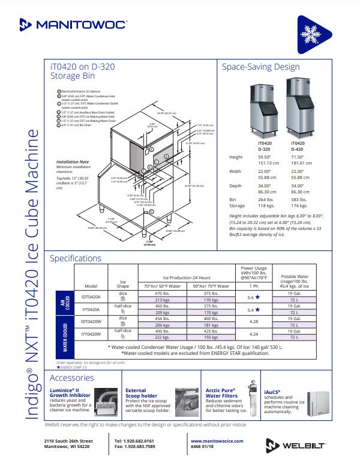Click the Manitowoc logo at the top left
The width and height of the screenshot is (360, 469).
(74, 24)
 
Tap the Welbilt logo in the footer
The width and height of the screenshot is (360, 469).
(296, 445)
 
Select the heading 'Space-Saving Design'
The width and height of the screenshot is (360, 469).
(260, 67)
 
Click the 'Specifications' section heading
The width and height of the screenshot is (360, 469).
(76, 258)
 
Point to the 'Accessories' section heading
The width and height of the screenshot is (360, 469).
(72, 378)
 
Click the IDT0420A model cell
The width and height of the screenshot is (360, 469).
(91, 297)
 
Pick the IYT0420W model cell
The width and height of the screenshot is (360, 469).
(91, 334)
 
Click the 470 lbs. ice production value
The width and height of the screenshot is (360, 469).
(162, 294)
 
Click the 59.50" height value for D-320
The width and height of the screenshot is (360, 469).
(264, 157)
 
